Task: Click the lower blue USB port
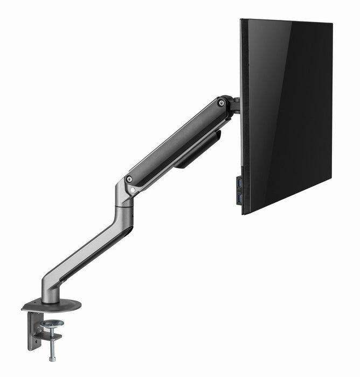point(238,199)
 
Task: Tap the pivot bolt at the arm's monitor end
point(221,102)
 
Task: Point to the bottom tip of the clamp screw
point(52,359)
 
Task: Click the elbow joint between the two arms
point(124,194)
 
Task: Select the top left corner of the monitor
point(241,20)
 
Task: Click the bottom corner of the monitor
point(244,214)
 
